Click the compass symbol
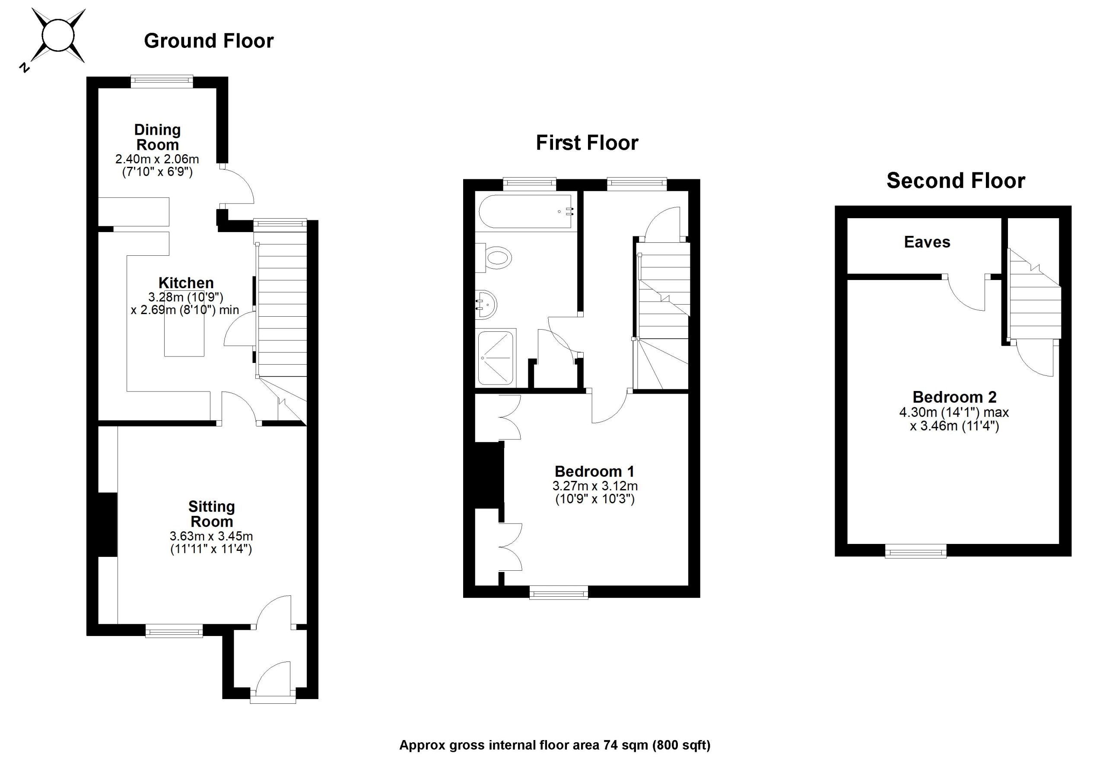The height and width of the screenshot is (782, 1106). pos(58,36)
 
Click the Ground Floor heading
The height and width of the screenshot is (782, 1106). pos(209,41)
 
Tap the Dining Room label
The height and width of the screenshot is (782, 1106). pos(158,137)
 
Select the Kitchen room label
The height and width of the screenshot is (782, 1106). pos(186,283)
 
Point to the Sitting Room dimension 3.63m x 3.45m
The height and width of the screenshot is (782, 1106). pos(211,536)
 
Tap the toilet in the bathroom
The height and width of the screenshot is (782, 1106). pos(496,258)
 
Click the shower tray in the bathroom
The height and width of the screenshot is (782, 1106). pos(495,357)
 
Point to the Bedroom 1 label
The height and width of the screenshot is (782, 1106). pos(594,471)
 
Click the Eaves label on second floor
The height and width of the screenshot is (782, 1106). pos(927,242)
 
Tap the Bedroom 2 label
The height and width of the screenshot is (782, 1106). pos(954,397)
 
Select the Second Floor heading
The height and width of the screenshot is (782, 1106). pos(956,181)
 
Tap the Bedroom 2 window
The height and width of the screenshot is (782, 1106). pos(916,551)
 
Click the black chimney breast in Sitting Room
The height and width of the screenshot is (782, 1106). pos(108,525)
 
